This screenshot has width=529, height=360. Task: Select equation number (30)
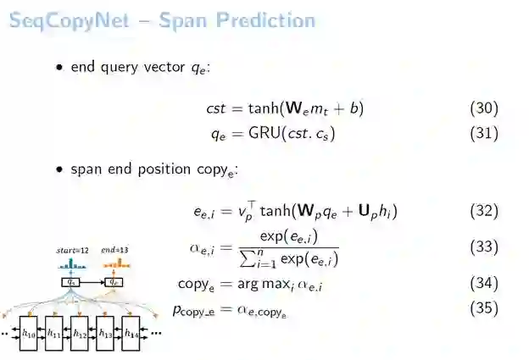(x=483, y=108)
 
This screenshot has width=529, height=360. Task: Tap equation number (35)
(x=483, y=308)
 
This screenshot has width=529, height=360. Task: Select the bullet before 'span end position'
(x=60, y=169)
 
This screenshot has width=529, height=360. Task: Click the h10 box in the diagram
(x=29, y=334)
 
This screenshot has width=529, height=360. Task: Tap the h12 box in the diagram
(x=80, y=334)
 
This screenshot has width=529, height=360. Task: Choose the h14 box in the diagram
(x=131, y=334)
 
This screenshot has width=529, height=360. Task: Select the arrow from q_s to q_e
(x=93, y=282)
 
